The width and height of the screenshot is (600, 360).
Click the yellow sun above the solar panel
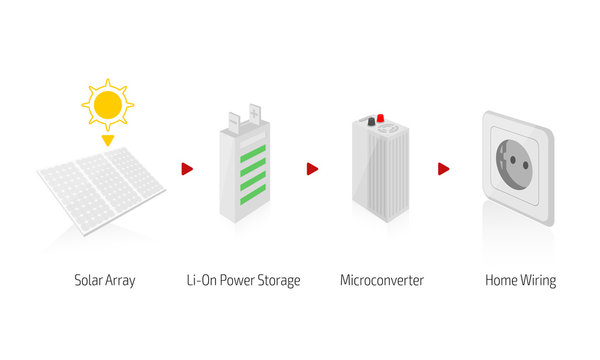[108, 103]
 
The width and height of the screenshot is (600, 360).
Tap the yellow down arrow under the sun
[108, 141]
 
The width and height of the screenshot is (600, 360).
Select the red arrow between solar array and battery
[187, 169]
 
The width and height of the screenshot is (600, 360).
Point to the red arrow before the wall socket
[443, 169]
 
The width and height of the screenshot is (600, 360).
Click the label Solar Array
[105, 281]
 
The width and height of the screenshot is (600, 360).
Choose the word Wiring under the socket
[536, 281]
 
